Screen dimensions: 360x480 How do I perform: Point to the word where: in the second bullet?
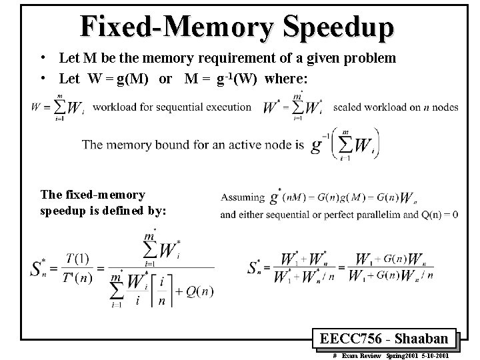click(x=286, y=79)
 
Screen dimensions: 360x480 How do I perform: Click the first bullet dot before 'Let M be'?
click(x=41, y=58)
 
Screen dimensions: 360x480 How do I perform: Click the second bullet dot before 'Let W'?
click(x=41, y=79)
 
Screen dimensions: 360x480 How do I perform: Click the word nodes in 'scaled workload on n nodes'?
click(x=443, y=107)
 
